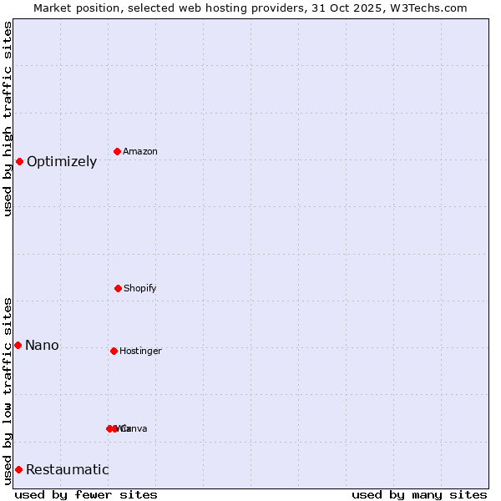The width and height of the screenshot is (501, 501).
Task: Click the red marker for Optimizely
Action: coord(19,161)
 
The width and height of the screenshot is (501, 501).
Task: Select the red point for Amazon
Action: coord(118,151)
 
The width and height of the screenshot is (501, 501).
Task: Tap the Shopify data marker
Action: coord(118,288)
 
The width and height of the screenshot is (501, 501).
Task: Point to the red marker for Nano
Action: coord(18,345)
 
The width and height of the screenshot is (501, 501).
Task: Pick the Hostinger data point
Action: coord(114,351)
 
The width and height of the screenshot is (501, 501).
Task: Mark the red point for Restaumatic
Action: coord(18,469)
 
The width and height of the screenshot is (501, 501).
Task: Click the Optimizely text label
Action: coord(62,161)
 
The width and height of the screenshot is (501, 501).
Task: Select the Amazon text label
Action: coord(140,151)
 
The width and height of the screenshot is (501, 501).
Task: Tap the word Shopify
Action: coord(140,288)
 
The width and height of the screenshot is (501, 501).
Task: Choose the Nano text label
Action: coord(42,345)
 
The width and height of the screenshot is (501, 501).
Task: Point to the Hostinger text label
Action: coord(140,351)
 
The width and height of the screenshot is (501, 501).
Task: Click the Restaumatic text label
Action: coord(67,469)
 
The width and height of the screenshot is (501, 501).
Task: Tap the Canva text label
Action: coord(135,428)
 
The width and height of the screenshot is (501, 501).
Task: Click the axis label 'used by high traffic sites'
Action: coord(8,119)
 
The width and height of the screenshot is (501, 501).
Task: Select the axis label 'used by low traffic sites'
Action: coord(8,390)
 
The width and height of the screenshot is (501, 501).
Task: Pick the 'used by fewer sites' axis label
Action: coord(86,494)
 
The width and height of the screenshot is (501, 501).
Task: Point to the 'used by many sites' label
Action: coord(419,494)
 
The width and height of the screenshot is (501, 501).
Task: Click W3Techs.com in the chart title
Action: coord(427,8)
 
